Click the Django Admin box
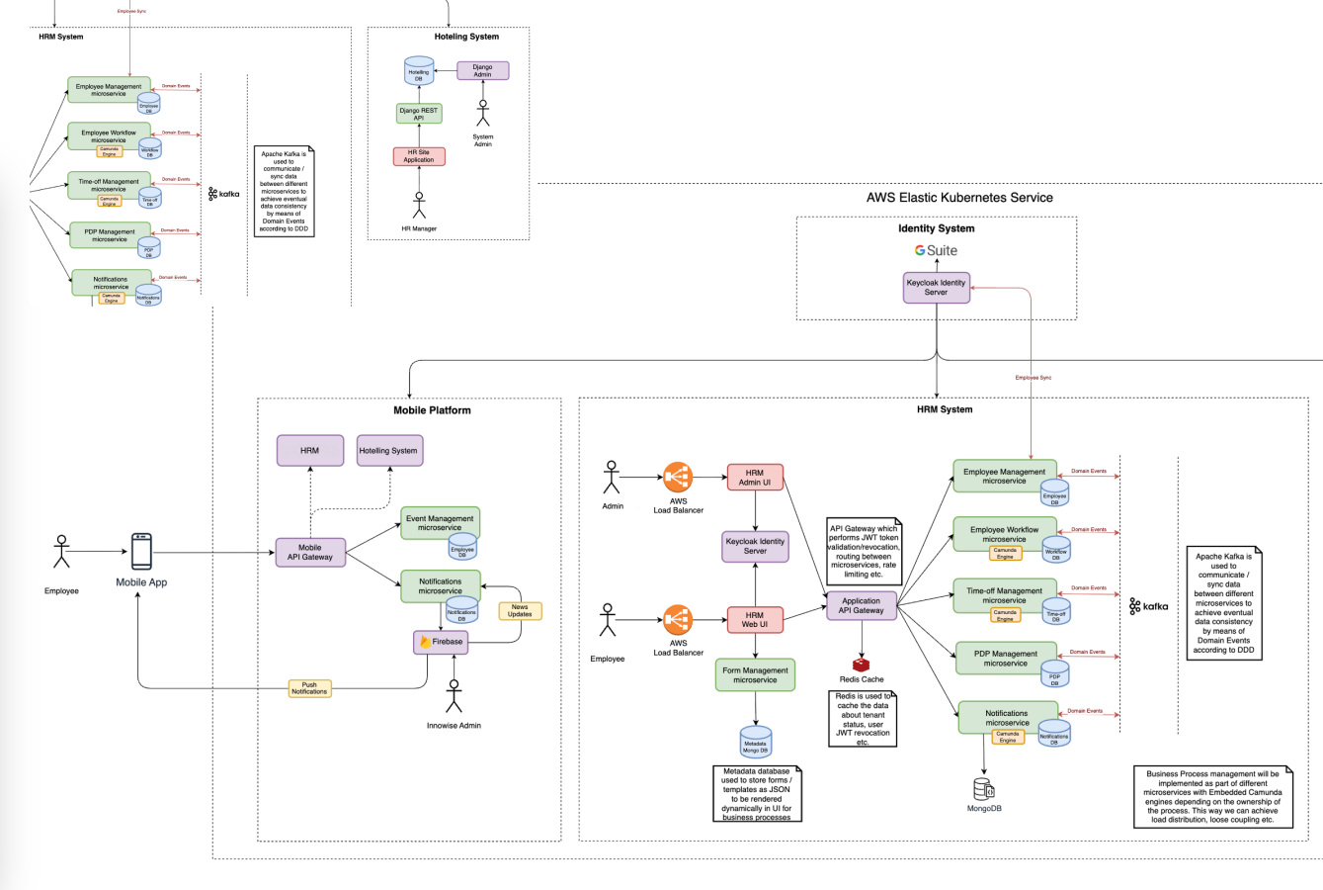tap(482, 70)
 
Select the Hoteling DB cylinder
tap(419, 71)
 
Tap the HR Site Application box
tap(419, 156)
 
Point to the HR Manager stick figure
tap(419, 205)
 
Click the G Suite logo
tap(936, 251)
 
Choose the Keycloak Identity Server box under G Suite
tap(936, 288)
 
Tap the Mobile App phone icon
tap(141, 552)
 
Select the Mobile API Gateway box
tap(310, 552)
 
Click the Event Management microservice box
tap(440, 523)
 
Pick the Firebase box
tap(441, 642)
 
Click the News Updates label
tap(520, 611)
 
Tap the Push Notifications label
tap(309, 688)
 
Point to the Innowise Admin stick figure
tap(454, 696)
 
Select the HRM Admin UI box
tap(755, 478)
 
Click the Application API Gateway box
tap(861, 605)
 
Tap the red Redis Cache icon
tap(861, 665)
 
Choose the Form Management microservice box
tap(755, 675)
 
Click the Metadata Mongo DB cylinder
tap(756, 742)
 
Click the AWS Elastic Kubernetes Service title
tap(958, 198)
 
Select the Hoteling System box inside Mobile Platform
tap(388, 451)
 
